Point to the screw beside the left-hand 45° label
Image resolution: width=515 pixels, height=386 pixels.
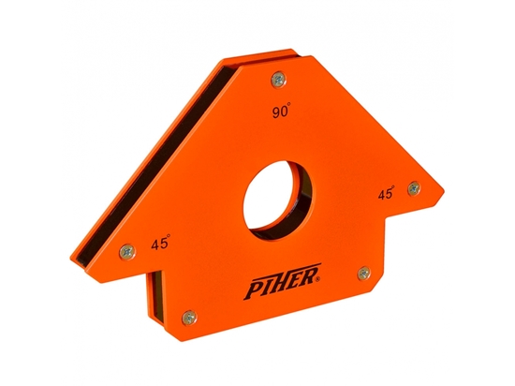tap(125, 250)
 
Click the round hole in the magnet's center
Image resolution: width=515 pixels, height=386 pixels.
tap(278, 193)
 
